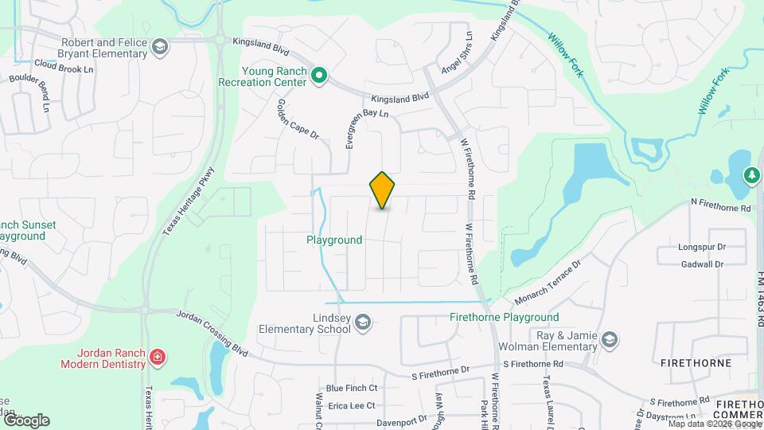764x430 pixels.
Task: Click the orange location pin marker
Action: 383,190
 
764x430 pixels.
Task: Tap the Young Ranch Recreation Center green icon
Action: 319,76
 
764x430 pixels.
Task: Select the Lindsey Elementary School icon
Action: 363,322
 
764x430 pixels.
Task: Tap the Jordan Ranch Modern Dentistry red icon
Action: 158,357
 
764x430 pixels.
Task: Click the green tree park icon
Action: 750,174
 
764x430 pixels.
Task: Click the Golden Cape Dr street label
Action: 298,120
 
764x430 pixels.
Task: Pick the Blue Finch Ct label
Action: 351,388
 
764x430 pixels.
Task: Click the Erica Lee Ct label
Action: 351,405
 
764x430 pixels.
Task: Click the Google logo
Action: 26,420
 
